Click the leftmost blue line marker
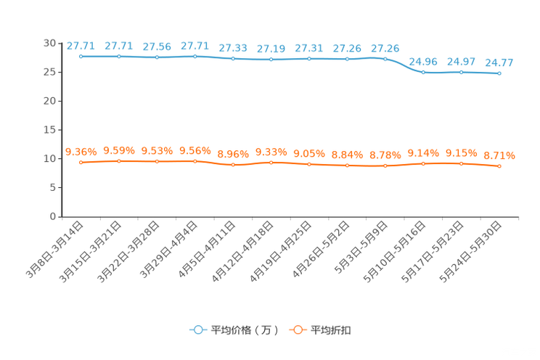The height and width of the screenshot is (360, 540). tap(81, 56)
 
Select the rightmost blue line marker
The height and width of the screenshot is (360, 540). tap(499, 73)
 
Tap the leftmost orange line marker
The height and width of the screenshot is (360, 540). tap(81, 163)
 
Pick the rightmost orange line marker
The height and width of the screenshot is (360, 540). tap(499, 166)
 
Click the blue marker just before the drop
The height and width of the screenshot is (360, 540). tap(385, 58)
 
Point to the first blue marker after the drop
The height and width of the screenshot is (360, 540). tap(423, 72)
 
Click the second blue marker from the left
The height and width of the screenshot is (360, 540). tap(118, 56)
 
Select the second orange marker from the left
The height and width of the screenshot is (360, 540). tap(118, 160)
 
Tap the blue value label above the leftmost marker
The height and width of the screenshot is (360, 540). tap(81, 46)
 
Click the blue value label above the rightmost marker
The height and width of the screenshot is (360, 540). tap(499, 62)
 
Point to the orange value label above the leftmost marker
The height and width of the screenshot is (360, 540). tap(81, 151)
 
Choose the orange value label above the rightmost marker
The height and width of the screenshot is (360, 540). tap(499, 155)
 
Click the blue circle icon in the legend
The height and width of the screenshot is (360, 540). tap(197, 330)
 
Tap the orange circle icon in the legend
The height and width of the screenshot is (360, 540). tap(296, 330)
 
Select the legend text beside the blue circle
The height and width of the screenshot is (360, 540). tap(244, 330)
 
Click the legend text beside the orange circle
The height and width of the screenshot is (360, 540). tap(331, 330)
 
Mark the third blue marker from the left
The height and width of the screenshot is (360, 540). tap(157, 57)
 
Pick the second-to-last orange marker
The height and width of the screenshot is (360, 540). tap(461, 163)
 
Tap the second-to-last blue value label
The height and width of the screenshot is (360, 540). tap(461, 62)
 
